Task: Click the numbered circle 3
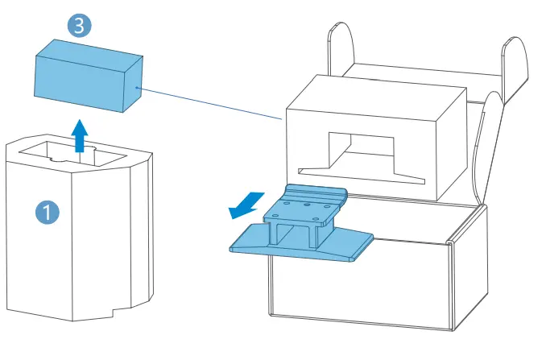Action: pyautogui.click(x=79, y=25)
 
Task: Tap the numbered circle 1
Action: pyautogui.click(x=48, y=212)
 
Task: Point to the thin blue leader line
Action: pyautogui.click(x=209, y=103)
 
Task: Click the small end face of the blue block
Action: pyautogui.click(x=130, y=89)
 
